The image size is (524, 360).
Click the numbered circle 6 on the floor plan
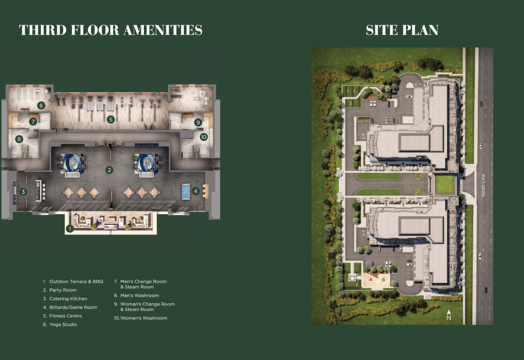coord(41,106)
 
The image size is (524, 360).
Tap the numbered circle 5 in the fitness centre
coord(111,120)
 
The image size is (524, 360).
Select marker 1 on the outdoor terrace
coord(70,229)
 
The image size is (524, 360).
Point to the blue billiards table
coord(186,191)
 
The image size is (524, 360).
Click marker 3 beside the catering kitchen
coord(23,192)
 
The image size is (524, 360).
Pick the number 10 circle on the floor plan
coord(204,137)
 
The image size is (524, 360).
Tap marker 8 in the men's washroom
coord(19,139)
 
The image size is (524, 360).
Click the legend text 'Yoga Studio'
coord(63,324)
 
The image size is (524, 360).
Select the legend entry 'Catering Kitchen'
coord(68,299)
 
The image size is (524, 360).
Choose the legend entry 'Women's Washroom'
coord(144,318)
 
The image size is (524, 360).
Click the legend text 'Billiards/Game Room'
coord(73,307)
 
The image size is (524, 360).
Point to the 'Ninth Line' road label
coord(483,185)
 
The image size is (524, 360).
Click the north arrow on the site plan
coord(449,315)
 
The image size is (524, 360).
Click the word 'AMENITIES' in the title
coord(163,30)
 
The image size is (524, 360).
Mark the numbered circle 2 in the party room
coord(109,170)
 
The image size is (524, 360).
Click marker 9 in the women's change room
coord(198,122)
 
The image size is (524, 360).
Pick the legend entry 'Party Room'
coord(63,290)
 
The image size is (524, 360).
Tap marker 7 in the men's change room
coord(33,121)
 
